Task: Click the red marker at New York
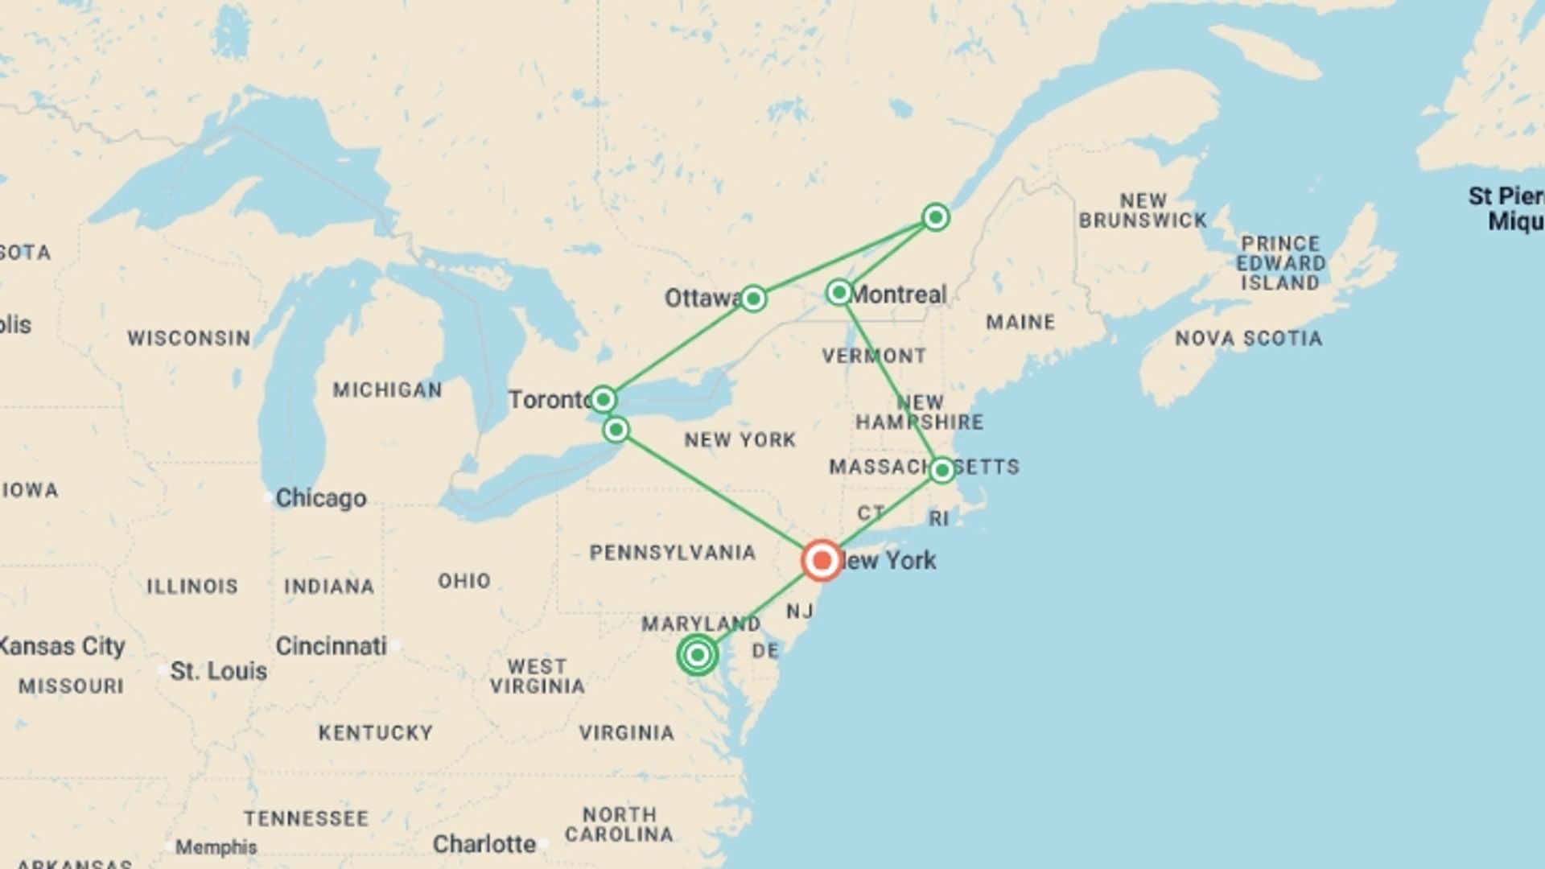coord(821,560)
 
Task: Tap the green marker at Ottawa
coord(752,299)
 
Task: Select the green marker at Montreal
coord(839,292)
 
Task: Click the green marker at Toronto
coord(603,399)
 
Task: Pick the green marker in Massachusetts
coord(942,470)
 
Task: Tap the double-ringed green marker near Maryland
coord(698,655)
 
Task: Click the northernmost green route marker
coord(935,217)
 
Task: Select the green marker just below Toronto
coord(616,430)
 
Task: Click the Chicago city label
coord(320,498)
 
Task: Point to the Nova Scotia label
coord(1248,339)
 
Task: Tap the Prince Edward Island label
coord(1280,263)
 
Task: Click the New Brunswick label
coord(1143,210)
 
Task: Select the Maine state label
coord(1020,322)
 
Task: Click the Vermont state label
coord(874,356)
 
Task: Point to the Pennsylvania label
coord(673,553)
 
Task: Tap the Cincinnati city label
coord(331,646)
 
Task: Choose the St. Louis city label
coord(218,671)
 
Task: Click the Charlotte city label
coord(484,844)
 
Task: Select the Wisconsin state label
coord(189,338)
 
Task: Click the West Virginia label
coord(537,677)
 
